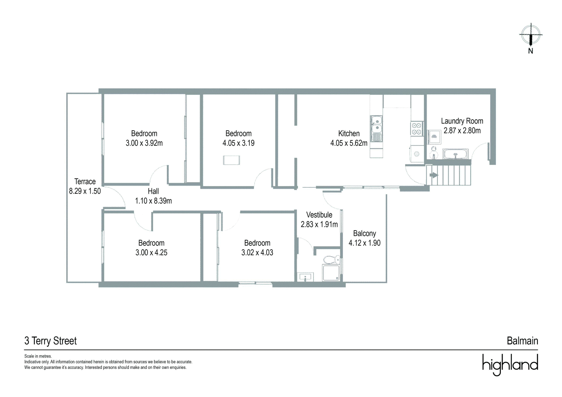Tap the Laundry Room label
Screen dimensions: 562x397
pyautogui.click(x=462, y=121)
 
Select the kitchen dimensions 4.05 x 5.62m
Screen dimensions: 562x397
pyautogui.click(x=349, y=143)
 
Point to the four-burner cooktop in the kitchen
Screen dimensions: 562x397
pyautogui.click(x=417, y=129)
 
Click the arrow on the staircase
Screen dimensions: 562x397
pyautogui.click(x=434, y=175)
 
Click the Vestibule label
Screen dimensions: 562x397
pyautogui.click(x=319, y=215)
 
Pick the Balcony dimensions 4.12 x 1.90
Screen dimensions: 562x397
pyautogui.click(x=365, y=243)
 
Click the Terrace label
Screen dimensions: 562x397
pyautogui.click(x=85, y=181)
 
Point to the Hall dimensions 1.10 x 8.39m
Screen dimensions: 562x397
pyautogui.click(x=153, y=201)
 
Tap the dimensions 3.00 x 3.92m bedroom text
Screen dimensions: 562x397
pyautogui.click(x=144, y=143)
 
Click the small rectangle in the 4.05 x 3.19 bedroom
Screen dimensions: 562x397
pyautogui.click(x=231, y=160)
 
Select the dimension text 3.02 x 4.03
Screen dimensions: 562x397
pyautogui.click(x=257, y=252)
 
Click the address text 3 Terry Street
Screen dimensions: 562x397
pyautogui.click(x=51, y=341)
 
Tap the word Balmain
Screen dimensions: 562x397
pyautogui.click(x=522, y=341)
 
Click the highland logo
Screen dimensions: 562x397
pyautogui.click(x=510, y=365)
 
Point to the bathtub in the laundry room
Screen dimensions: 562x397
pyautogui.click(x=455, y=154)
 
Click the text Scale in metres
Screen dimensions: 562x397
pyautogui.click(x=38, y=356)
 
